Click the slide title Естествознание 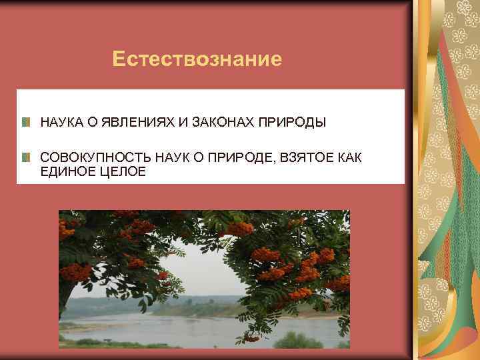coord(197,60)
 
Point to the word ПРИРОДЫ coord(293,123)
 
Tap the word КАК coord(349,158)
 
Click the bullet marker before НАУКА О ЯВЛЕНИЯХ coord(25,123)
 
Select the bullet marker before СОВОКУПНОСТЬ coord(25,158)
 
